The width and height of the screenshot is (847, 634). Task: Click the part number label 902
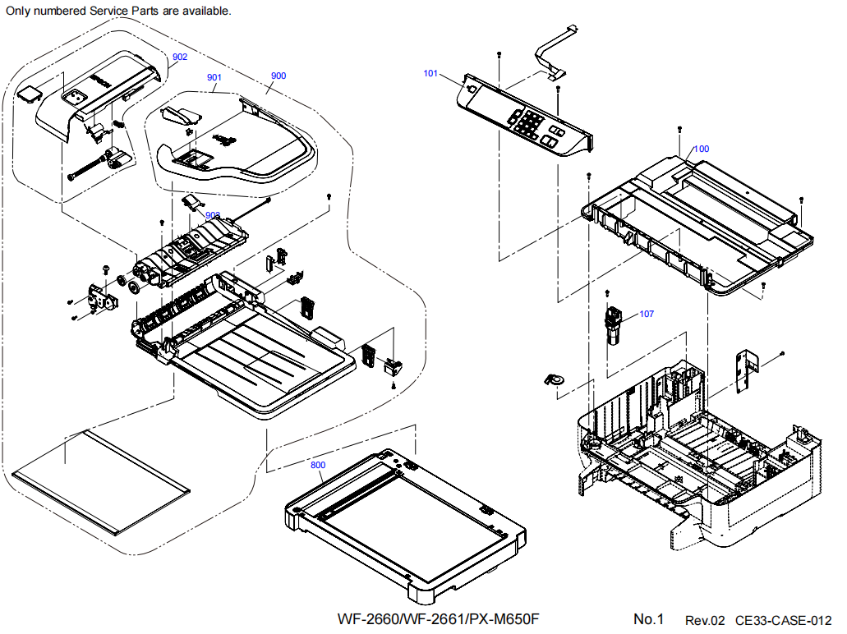(x=180, y=57)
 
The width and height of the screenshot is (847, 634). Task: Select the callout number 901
(x=214, y=77)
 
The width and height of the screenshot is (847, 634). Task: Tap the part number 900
(x=278, y=76)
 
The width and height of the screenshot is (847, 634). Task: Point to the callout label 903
(x=213, y=214)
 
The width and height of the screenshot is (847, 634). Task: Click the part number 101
(x=430, y=73)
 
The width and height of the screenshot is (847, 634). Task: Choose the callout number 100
(x=702, y=149)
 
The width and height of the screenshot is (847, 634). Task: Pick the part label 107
(x=647, y=314)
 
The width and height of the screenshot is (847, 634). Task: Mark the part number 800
(x=318, y=465)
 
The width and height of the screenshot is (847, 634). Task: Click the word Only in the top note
(x=19, y=11)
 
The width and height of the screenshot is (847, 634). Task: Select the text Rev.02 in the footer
(x=705, y=620)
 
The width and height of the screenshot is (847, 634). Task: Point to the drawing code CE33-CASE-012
(x=784, y=620)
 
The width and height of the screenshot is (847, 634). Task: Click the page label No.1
(x=648, y=618)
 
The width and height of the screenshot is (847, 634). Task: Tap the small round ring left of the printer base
(x=555, y=379)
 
